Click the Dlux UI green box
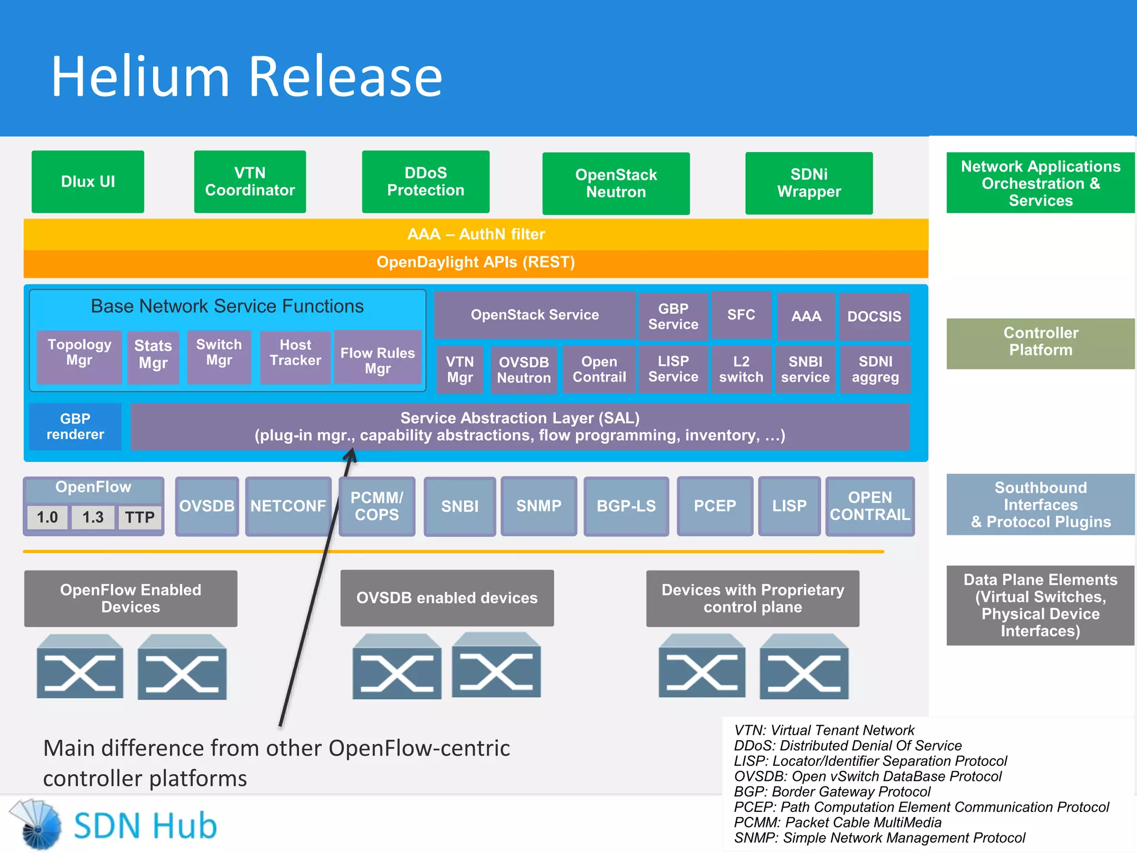click(x=88, y=182)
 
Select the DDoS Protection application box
click(x=425, y=182)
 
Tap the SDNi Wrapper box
click(x=809, y=183)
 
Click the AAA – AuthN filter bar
click(x=476, y=234)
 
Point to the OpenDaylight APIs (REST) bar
click(x=476, y=262)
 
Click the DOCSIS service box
click(x=874, y=316)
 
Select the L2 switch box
click(x=741, y=369)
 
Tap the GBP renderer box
click(x=75, y=426)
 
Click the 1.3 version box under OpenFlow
click(x=93, y=518)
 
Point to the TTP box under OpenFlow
click(x=139, y=518)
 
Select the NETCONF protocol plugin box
click(x=288, y=506)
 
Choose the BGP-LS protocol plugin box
click(x=626, y=506)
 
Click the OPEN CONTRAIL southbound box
click(x=869, y=506)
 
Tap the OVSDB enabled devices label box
click(x=447, y=598)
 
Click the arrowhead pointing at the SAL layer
click(x=350, y=456)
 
